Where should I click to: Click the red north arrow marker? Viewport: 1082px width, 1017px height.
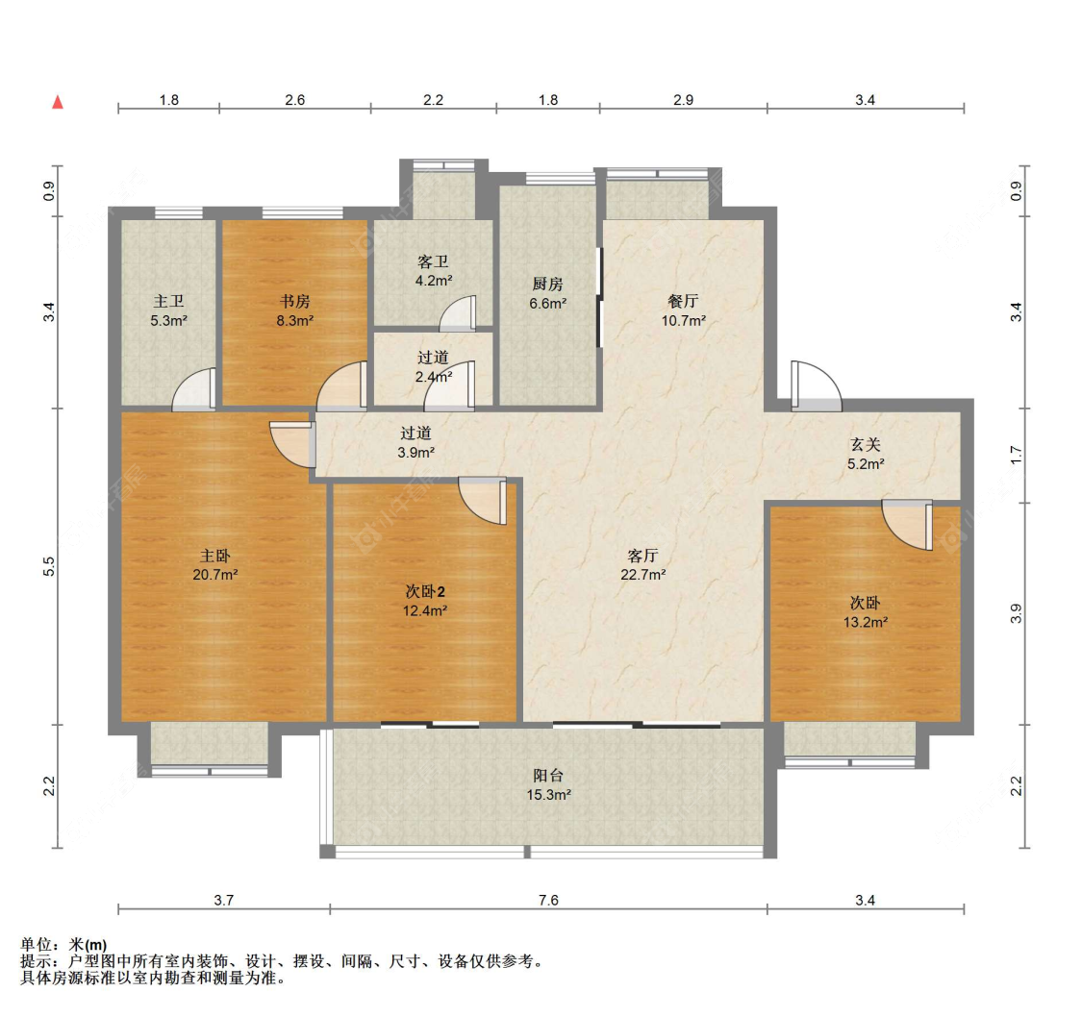[58, 102]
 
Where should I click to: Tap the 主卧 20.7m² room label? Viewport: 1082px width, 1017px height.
[215, 564]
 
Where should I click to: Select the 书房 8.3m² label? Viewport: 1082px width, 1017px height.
[294, 310]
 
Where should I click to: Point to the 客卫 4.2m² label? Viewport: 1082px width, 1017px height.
[434, 271]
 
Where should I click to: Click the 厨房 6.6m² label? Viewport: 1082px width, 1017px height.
[548, 293]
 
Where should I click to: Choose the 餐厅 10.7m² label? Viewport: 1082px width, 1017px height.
[683, 310]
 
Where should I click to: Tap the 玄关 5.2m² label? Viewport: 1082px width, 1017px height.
[866, 455]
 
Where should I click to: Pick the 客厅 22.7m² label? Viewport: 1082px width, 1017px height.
[643, 564]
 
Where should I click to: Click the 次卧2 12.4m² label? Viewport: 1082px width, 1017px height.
[425, 601]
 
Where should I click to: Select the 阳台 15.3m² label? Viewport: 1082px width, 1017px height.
[548, 784]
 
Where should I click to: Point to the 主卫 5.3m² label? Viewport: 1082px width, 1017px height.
[169, 310]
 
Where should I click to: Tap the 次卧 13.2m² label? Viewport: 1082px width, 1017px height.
[866, 612]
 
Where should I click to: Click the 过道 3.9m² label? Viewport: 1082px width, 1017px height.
[416, 442]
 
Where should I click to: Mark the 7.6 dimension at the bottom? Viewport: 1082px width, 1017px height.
[548, 900]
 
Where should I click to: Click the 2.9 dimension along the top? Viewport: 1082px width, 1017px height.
[683, 100]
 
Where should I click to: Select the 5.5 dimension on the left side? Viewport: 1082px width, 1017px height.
[48, 567]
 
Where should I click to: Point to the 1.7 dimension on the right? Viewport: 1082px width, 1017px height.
[1016, 455]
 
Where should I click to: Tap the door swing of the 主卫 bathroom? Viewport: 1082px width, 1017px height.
[194, 389]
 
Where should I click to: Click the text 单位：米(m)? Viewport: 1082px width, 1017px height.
[63, 945]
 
